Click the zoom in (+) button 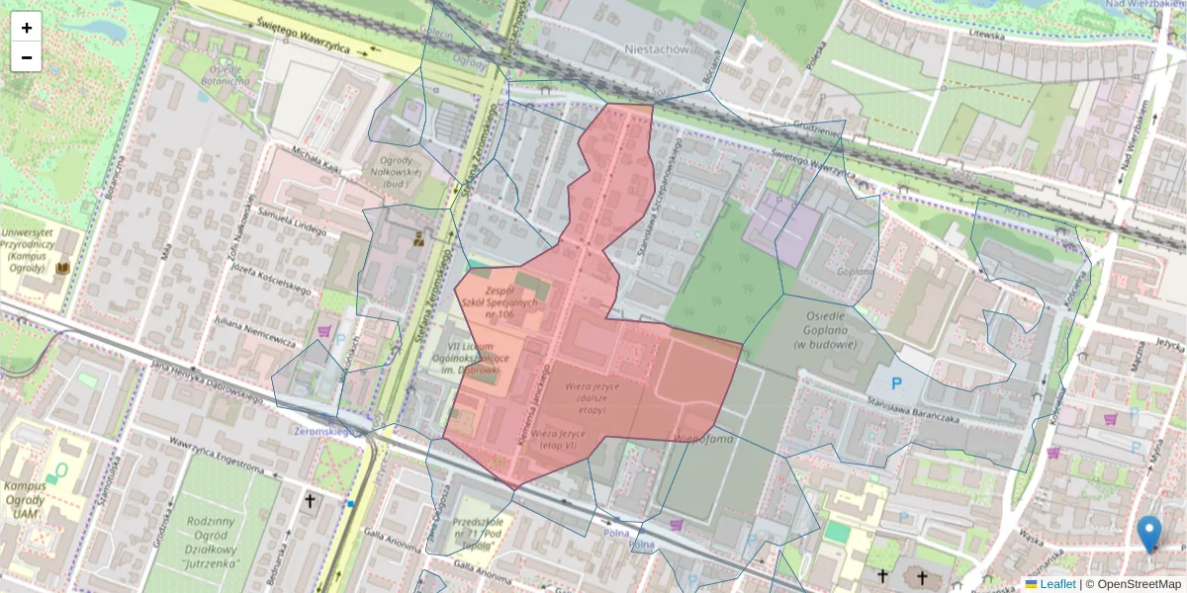point(27,28)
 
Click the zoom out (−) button point(27,57)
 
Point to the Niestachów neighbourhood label point(656,48)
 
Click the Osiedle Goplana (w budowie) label point(824,337)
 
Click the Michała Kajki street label point(312,164)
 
